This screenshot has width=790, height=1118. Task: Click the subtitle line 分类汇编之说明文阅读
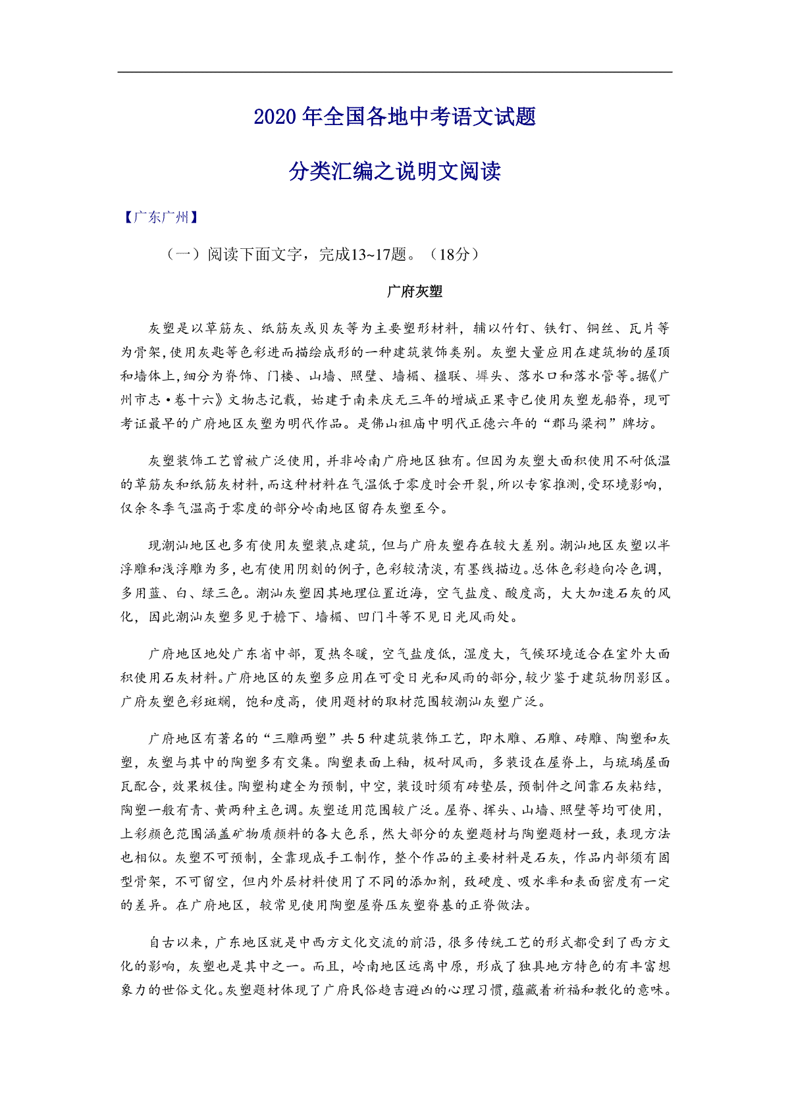pyautogui.click(x=395, y=171)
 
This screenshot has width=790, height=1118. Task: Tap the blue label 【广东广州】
pyautogui.click(x=161, y=217)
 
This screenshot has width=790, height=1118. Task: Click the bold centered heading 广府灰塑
pyautogui.click(x=415, y=291)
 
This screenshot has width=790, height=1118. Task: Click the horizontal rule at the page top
pyautogui.click(x=395, y=72)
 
